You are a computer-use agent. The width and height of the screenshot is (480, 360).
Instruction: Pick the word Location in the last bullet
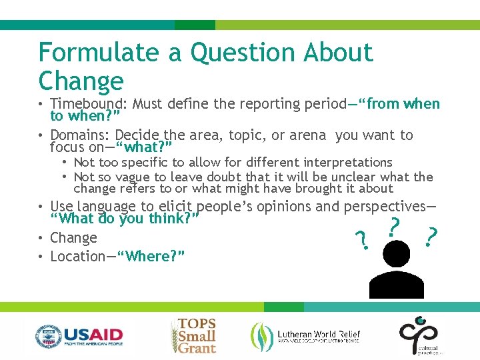click(79, 257)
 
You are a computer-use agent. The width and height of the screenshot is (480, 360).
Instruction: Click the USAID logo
click(79, 335)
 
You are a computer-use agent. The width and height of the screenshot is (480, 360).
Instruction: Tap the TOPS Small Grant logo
click(194, 335)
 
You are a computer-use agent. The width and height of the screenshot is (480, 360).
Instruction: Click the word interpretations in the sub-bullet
click(348, 163)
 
